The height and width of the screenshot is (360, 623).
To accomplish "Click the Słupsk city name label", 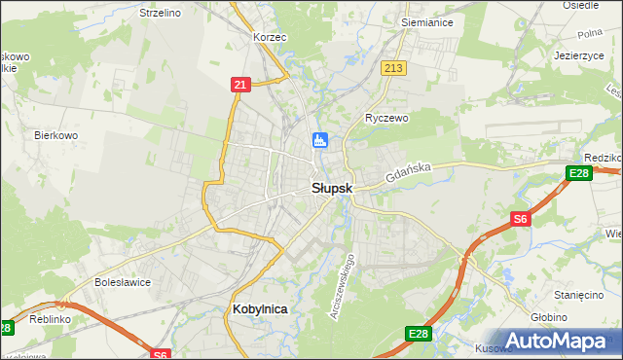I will pos(331,189).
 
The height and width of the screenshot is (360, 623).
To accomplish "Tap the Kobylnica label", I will pos(261,307).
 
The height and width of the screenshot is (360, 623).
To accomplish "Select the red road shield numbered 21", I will pos(240,86).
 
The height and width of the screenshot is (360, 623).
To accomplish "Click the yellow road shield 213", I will pos(393,68).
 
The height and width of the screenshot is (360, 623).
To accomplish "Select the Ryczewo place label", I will pos(386,117).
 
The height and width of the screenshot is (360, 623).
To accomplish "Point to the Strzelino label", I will pos(161,13).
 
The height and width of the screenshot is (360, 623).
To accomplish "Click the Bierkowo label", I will pos(55,135).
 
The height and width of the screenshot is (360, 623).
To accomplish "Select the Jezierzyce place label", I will pos(579,55).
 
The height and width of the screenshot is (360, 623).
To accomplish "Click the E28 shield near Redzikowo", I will pos(578,173).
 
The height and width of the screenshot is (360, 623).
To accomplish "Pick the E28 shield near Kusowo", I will pos(418,334).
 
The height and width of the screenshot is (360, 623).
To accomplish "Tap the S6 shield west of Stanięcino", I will pos(521,220).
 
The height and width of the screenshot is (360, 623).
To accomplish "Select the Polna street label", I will pos(590,35).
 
